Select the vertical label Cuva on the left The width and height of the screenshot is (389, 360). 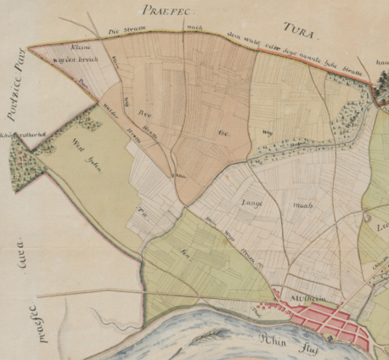pyautogui.click(x=31, y=260)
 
